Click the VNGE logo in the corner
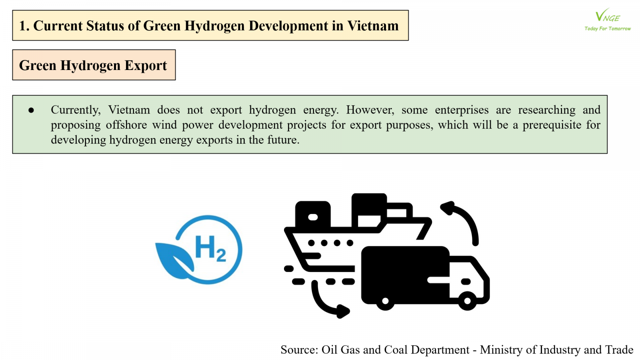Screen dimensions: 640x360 click(608, 20)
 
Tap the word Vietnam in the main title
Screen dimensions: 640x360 click(373, 26)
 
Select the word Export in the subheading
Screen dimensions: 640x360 click(146, 66)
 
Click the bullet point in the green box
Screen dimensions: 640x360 click(31, 110)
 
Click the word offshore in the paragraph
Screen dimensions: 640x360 click(126, 125)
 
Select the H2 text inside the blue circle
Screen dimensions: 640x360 click(211, 248)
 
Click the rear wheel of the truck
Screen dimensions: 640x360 click(385, 301)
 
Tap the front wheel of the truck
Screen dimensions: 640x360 click(468, 301)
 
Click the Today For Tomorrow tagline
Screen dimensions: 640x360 click(608, 28)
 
